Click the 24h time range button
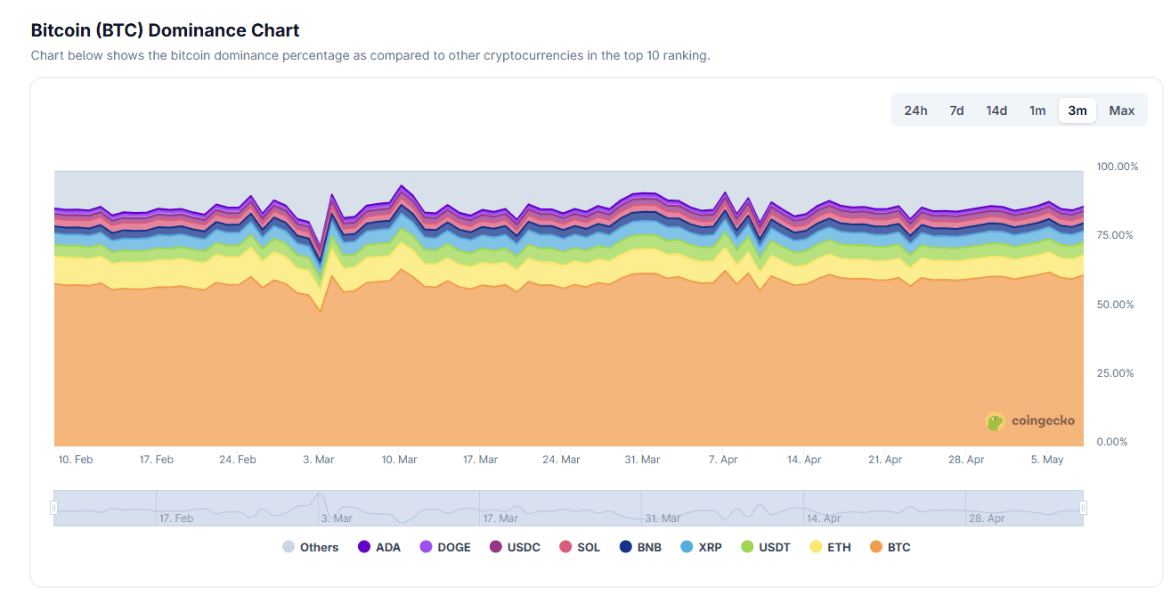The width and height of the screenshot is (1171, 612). click(915, 110)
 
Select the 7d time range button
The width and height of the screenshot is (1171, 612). click(956, 110)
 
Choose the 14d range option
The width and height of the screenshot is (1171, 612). click(996, 110)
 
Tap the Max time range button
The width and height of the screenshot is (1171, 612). click(1122, 110)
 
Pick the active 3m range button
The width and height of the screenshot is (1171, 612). click(1077, 110)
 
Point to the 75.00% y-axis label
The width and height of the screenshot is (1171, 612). click(1115, 235)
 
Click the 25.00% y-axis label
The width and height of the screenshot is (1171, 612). click(1115, 373)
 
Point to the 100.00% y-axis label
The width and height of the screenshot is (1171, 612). click(1117, 167)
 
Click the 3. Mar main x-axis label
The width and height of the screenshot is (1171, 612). click(318, 460)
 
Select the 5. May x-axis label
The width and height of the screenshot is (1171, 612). click(1046, 460)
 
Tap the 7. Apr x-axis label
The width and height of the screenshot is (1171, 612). click(723, 460)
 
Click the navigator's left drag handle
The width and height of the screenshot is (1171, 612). click(54, 508)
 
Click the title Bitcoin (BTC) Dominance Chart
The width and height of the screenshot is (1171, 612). click(165, 30)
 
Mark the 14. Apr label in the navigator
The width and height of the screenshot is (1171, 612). click(824, 518)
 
